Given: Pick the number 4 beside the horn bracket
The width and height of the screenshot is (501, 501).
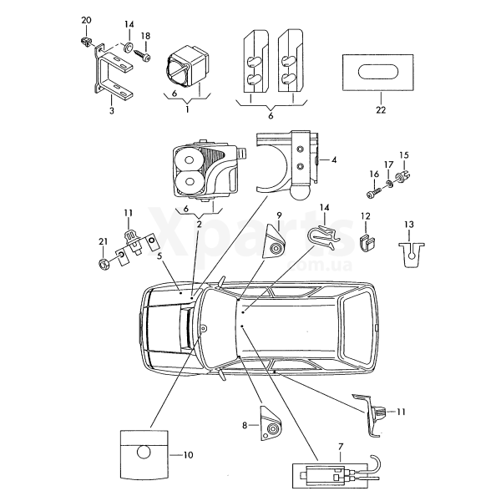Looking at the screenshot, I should point(334,159).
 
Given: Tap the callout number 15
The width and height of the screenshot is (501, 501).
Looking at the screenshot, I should point(403,155).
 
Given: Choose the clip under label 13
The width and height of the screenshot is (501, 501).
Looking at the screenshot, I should point(408,251).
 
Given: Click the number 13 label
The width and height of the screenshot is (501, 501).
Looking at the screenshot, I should point(408,224).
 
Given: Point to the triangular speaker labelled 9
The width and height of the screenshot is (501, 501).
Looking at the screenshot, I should point(276,244).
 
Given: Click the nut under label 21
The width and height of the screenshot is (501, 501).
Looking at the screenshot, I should point(103,265).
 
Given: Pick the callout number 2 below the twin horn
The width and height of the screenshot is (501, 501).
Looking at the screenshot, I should point(199,225).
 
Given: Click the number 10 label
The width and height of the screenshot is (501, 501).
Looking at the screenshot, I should point(187,454).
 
